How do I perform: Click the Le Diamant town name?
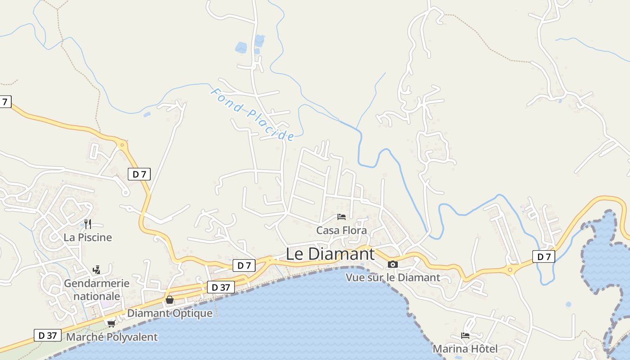tap(330, 254)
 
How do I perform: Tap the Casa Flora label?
tap(342, 230)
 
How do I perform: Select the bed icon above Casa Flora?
tap(342, 217)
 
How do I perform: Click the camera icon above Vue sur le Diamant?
tap(393, 264)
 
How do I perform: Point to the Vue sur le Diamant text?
tap(393, 277)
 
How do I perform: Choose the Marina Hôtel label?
tap(465, 348)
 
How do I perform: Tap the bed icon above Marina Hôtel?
tap(465, 335)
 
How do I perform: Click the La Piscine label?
tap(88, 237)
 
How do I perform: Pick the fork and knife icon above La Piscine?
tap(88, 224)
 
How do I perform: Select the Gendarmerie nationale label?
tap(97, 290)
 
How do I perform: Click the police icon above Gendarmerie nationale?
tap(96, 270)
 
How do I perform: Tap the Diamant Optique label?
tap(170, 313)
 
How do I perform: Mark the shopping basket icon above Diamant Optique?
tap(170, 300)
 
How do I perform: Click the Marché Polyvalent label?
tap(112, 337)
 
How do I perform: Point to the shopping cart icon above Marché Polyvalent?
tap(111, 324)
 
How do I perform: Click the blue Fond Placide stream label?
tap(252, 114)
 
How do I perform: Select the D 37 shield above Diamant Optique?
tap(221, 287)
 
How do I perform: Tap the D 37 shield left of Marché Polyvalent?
tap(48, 335)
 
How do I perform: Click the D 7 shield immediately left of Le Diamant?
tap(244, 265)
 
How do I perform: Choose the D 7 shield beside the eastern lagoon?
tap(544, 257)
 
